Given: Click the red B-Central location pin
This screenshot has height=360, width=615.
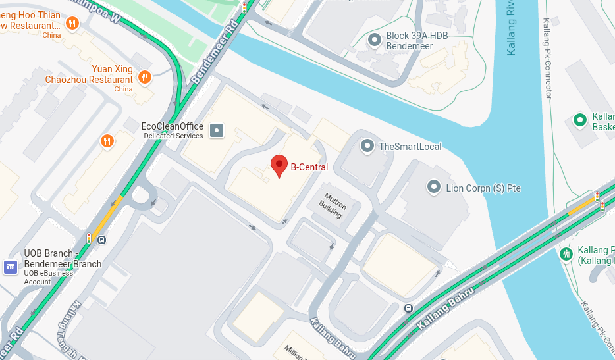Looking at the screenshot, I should tap(280, 166).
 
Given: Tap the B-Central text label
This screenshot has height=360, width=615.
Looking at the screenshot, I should tap(309, 167).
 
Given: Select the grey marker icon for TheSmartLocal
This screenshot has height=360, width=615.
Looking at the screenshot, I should tap(367, 146).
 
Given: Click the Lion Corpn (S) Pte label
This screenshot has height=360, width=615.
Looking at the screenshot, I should tap(483, 188).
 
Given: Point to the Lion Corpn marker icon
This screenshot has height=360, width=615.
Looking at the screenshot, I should tap(434, 188).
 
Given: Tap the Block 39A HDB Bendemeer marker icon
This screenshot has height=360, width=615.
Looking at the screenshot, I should tap(375, 41).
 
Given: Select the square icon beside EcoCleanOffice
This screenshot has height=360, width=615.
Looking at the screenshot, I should tap(217, 130).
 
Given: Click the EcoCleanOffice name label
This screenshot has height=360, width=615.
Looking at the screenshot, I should tap(173, 126).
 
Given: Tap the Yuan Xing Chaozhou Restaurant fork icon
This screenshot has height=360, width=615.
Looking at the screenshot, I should tap(145, 77).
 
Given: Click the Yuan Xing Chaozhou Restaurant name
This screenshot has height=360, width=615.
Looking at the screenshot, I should tap(89, 74).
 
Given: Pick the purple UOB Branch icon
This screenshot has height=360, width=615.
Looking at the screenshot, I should tap(10, 267).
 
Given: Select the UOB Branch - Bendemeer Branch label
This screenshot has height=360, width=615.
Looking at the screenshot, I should tap(63, 259).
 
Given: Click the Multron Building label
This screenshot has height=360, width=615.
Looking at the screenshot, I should tap(332, 201).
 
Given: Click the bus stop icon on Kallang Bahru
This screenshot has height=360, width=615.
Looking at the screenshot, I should tap(408, 308).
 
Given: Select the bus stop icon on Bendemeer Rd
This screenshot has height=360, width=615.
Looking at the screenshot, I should tap(101, 240).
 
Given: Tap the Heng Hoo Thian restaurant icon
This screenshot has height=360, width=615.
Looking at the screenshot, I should tap(72, 24).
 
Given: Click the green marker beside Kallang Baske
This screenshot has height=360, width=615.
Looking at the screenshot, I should tap(580, 120).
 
